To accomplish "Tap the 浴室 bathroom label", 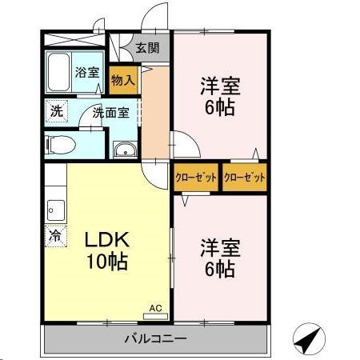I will pyautogui.click(x=86, y=72).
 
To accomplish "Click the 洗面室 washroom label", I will pyautogui.click(x=110, y=112).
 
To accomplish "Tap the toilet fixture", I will pyautogui.click(x=61, y=144).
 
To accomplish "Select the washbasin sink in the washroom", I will pyautogui.click(x=124, y=150).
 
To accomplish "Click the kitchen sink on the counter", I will pyautogui.click(x=55, y=210).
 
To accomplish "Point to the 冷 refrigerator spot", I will pyautogui.click(x=55, y=236).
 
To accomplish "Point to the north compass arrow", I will pyautogui.click(x=310, y=340).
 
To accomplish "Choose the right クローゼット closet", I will pyautogui.click(x=244, y=178).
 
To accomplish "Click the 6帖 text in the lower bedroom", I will pyautogui.click(x=218, y=270).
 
